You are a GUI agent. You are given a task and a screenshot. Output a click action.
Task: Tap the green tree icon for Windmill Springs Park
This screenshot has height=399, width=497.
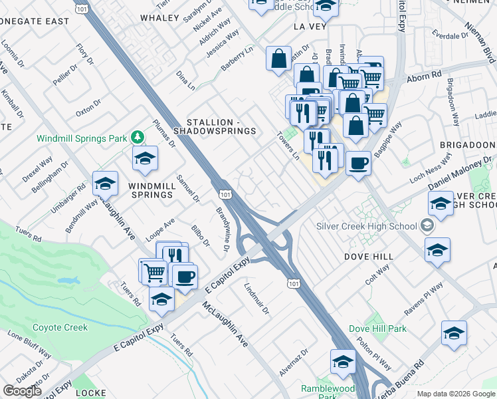click(138, 136)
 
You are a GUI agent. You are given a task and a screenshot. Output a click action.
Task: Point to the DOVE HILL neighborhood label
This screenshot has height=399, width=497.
click(369, 256)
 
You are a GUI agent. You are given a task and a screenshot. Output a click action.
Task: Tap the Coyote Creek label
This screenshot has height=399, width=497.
click(60, 327)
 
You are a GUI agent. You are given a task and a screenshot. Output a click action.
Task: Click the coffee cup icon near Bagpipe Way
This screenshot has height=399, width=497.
click(358, 162)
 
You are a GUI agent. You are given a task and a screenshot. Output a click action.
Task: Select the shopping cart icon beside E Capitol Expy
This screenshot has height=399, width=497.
click(153, 270)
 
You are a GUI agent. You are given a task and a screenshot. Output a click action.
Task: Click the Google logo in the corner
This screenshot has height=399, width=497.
click(22, 391)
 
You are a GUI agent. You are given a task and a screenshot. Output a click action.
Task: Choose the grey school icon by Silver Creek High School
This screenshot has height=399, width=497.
click(426, 226)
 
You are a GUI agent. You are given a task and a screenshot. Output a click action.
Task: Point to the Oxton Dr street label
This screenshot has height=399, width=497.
click(88, 108)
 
